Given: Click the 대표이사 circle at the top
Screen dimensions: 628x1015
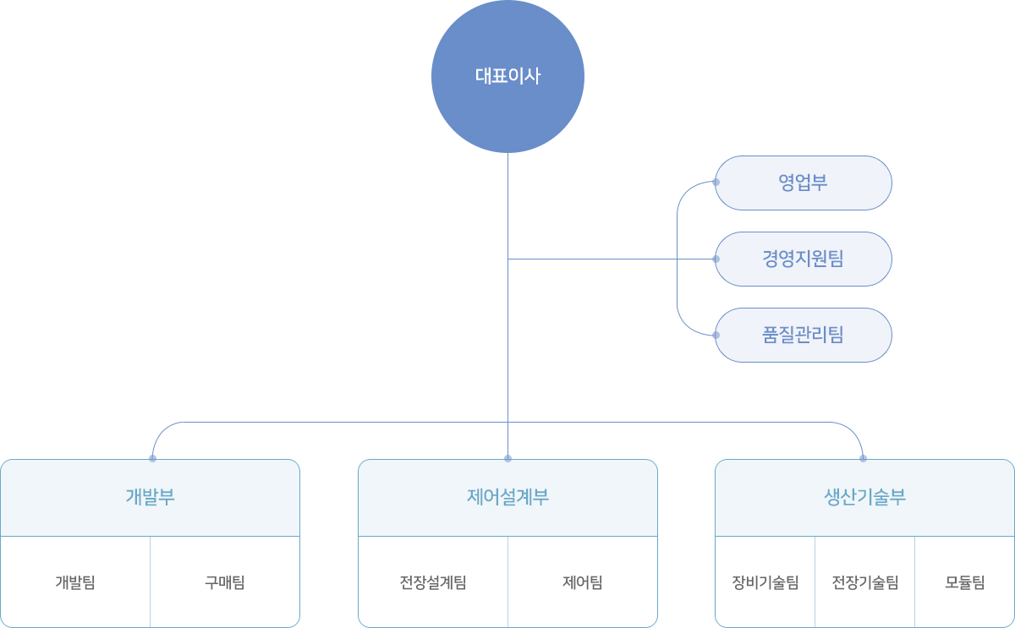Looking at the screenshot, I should click(507, 76).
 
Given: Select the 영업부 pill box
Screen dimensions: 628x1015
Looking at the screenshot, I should click(804, 183).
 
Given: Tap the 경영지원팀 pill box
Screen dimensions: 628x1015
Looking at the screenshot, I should click(804, 259).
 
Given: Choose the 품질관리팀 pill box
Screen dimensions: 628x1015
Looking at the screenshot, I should click(804, 335).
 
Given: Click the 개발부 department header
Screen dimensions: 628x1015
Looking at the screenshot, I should click(151, 497).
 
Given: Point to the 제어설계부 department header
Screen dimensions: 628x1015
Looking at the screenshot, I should click(507, 497).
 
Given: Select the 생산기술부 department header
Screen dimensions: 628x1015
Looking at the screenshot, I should click(864, 497).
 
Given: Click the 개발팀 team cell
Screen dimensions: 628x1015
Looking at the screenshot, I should click(75, 582).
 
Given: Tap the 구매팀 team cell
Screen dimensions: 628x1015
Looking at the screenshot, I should click(225, 582).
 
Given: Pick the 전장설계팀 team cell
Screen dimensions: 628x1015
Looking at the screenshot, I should click(433, 582).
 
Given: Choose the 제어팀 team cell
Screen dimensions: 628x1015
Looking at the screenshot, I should click(583, 582).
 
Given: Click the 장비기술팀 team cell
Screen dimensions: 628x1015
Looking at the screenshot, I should click(765, 582).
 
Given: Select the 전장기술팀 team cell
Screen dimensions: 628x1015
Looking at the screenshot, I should click(864, 582).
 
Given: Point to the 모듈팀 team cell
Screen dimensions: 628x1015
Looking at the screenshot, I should click(964, 582).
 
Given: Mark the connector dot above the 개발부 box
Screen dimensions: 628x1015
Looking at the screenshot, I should click(152, 458).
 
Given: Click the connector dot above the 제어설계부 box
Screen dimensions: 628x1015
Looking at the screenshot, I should click(507, 458).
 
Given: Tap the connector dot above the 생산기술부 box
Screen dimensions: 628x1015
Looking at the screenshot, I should click(863, 458).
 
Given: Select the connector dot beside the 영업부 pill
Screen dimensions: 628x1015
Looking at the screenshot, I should click(716, 183).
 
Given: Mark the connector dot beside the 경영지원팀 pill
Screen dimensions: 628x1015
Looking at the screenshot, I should click(716, 259).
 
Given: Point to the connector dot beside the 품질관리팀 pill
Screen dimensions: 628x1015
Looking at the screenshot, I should click(716, 335).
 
